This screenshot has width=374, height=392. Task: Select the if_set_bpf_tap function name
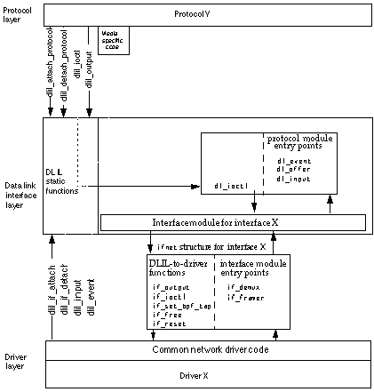[177, 305]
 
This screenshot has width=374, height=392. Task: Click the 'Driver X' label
[205, 375]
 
